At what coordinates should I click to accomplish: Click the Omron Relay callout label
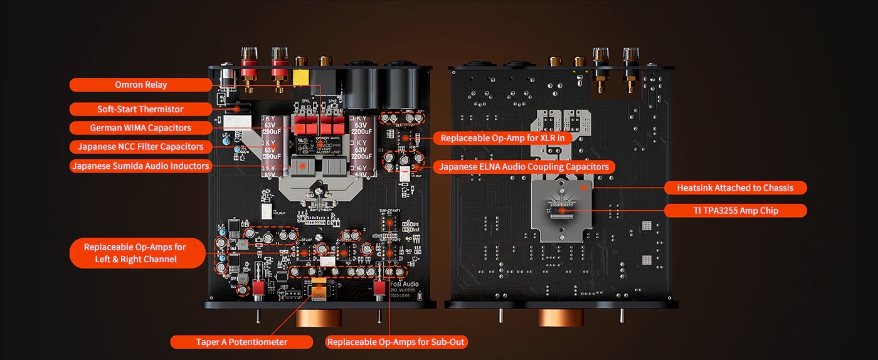tap(141, 85)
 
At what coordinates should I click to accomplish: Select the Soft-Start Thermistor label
tap(140, 109)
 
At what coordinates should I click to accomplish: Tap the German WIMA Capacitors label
tap(140, 128)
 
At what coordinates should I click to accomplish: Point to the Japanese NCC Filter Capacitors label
tap(140, 147)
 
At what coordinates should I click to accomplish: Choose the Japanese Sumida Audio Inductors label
tap(140, 166)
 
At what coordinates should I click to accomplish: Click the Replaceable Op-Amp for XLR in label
tap(502, 138)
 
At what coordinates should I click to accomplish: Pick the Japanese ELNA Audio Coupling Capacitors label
tap(524, 167)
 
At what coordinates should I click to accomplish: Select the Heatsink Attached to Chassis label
tap(735, 188)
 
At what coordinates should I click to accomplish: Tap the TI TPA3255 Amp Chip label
tap(735, 211)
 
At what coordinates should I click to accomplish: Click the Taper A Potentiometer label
tap(241, 342)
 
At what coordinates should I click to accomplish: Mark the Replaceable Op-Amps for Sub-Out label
tap(396, 342)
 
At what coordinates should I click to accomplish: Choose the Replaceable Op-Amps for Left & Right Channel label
tap(136, 253)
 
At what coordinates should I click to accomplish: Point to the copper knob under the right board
tap(561, 317)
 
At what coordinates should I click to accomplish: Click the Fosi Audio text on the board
tap(404, 284)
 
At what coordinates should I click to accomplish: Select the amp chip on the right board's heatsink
tap(562, 210)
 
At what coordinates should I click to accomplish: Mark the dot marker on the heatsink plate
tap(583, 186)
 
